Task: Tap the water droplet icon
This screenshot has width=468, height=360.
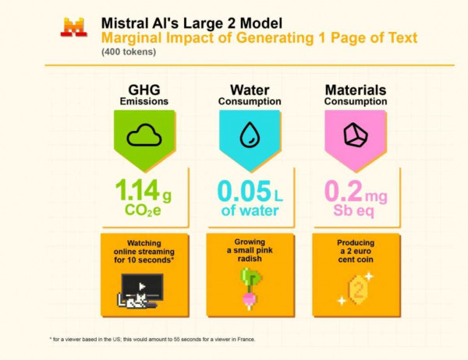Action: [248, 134]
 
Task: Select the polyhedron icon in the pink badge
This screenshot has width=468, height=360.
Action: [355, 135]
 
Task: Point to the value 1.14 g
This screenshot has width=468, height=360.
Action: [144, 189]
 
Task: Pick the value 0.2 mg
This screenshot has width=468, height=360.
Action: [356, 189]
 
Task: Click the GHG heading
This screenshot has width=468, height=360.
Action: [143, 90]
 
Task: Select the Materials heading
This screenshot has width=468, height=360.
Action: [355, 90]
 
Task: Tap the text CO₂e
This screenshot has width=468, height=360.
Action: [144, 210]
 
